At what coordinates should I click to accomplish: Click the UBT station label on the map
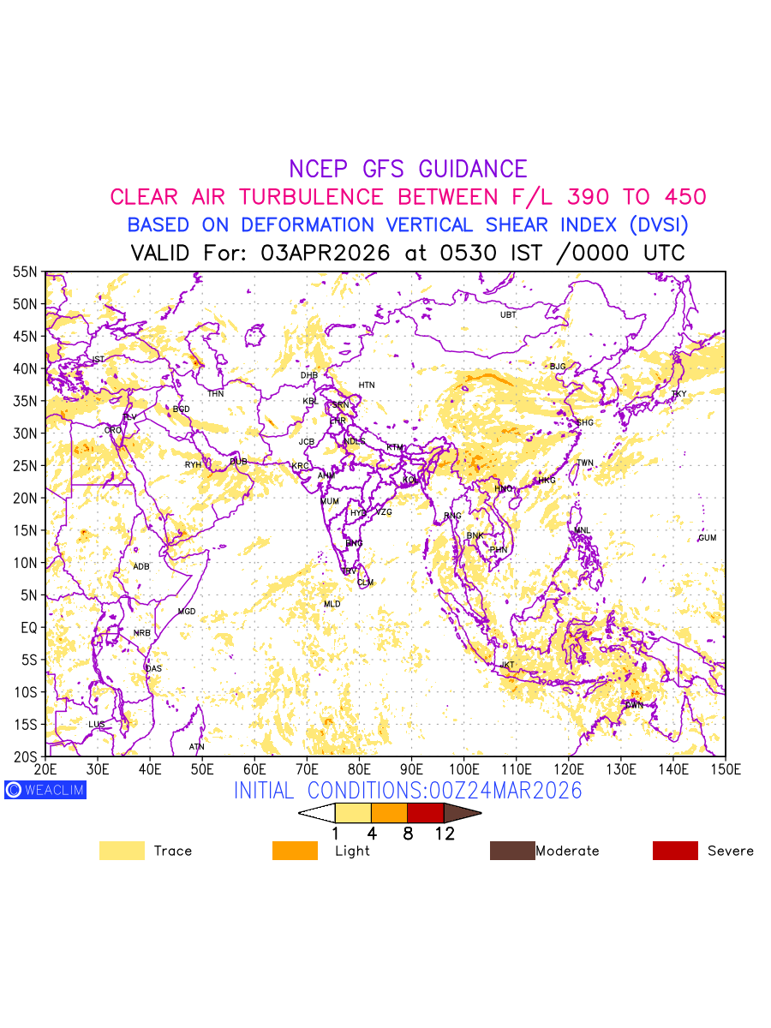[x=508, y=315]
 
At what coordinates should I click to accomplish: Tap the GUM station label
[x=707, y=538]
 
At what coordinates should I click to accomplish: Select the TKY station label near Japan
[x=678, y=394]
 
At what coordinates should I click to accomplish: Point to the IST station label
[x=98, y=360]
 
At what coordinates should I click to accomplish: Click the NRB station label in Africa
[x=141, y=633]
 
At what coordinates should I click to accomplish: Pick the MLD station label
[x=332, y=605]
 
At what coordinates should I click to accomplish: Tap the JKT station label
[x=508, y=666]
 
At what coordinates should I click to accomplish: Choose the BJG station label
[x=558, y=367]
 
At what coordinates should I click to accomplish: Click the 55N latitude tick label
[x=25, y=272]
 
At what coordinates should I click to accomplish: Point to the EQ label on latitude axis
[x=28, y=628]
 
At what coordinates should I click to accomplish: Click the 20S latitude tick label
[x=25, y=756]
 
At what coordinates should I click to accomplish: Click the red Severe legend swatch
[x=675, y=851]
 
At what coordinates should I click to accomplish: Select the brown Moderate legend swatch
[x=511, y=851]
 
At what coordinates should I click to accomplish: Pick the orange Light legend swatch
[x=294, y=851]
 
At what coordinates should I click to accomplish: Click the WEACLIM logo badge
[x=45, y=790]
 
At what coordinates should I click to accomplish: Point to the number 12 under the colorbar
[x=444, y=834]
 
